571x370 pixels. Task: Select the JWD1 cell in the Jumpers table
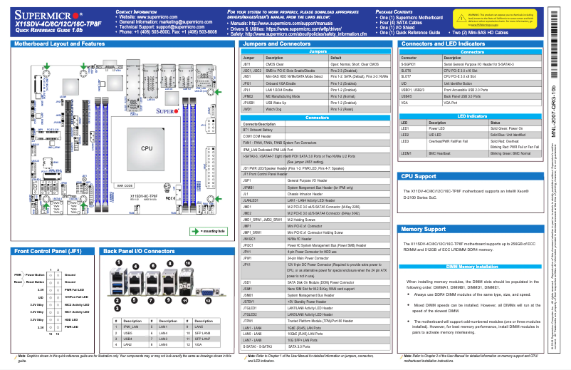(248, 109)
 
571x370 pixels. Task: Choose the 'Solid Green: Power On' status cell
(508, 128)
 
